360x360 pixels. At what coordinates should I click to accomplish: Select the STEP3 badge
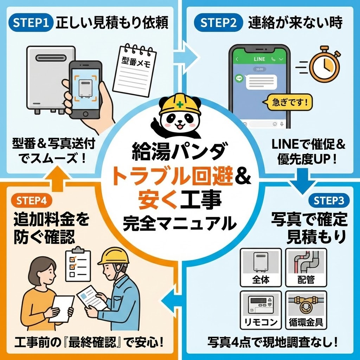point(329,200)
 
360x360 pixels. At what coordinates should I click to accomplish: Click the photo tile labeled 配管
point(306,267)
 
